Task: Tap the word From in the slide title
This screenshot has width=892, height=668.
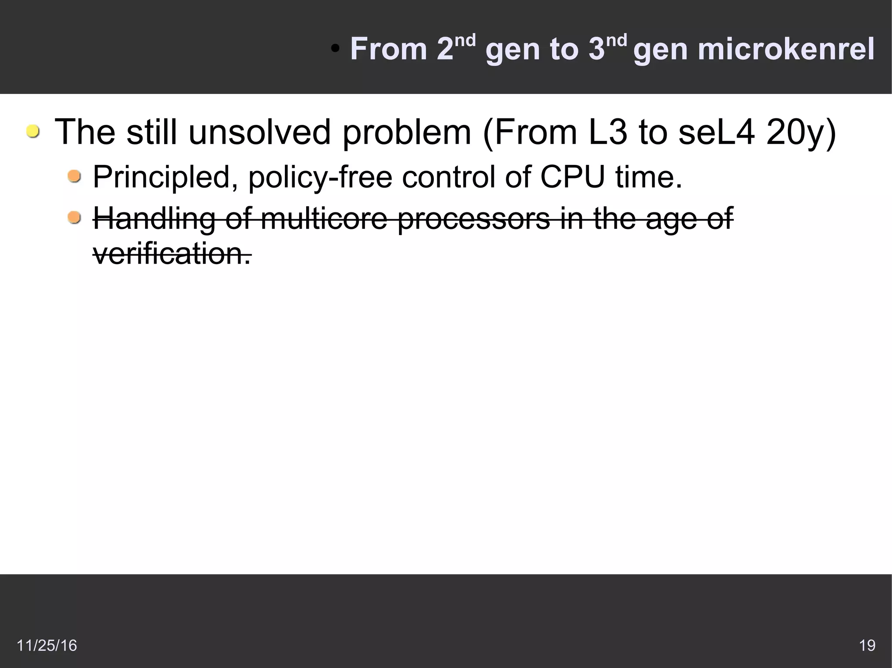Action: (389, 49)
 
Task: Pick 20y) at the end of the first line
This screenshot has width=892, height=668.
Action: (801, 132)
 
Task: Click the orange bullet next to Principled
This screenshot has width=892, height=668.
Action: (74, 176)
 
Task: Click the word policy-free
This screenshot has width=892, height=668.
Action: (320, 177)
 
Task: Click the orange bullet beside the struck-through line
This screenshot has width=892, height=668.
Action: (74, 217)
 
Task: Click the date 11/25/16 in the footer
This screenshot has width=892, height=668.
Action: (47, 645)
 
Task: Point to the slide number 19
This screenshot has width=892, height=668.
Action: (867, 645)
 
